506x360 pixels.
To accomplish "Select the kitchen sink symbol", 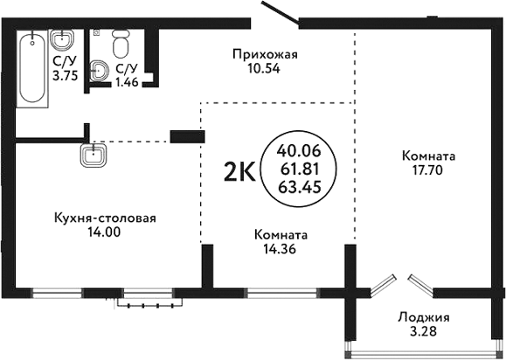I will click(x=93, y=156).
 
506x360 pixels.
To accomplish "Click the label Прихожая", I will click(x=265, y=55).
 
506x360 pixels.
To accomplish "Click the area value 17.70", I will click(x=428, y=170).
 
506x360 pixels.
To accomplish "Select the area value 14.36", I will click(x=281, y=249).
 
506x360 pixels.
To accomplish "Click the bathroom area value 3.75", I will click(x=63, y=75).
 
